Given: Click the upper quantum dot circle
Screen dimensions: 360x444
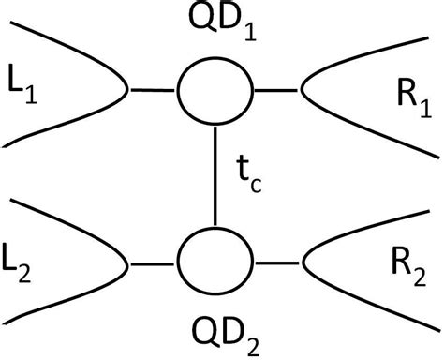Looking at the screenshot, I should [x=215, y=92].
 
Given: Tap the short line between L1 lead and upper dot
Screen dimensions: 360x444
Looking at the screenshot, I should [x=153, y=92].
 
